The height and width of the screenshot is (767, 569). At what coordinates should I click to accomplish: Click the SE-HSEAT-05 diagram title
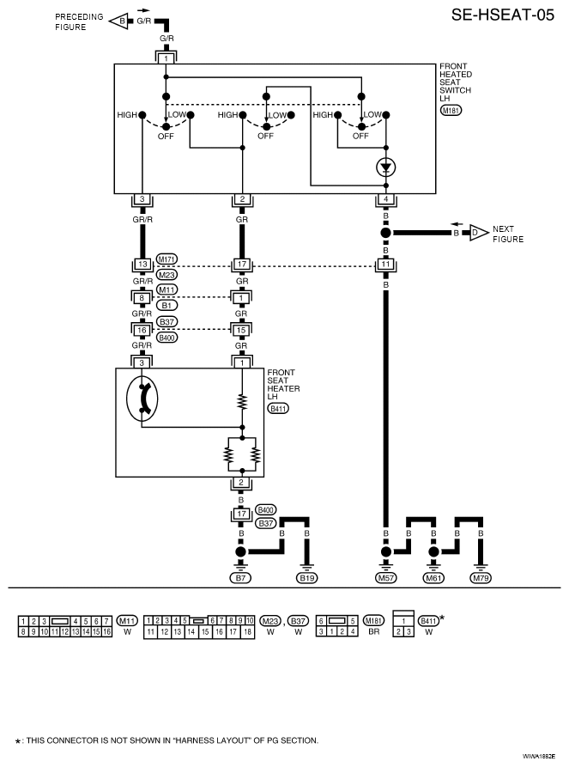(x=503, y=15)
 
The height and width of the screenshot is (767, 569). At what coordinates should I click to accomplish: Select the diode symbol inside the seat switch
(x=385, y=167)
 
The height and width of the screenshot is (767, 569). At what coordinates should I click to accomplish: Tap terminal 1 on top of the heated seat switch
(x=166, y=58)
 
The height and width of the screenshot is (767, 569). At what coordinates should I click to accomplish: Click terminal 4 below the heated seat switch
(x=385, y=199)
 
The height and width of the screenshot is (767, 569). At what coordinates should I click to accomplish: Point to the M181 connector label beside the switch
(x=451, y=111)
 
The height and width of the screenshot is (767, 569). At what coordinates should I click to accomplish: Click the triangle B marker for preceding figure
(x=118, y=21)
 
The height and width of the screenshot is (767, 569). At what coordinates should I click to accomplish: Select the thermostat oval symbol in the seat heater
(x=142, y=399)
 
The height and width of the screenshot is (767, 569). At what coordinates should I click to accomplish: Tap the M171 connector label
(x=166, y=259)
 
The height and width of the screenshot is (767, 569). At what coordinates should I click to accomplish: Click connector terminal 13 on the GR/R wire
(x=142, y=265)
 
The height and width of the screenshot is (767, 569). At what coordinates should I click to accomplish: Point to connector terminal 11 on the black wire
(x=385, y=265)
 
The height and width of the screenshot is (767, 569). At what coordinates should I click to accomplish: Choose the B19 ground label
(x=307, y=578)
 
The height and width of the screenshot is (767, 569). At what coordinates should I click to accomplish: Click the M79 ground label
(x=481, y=578)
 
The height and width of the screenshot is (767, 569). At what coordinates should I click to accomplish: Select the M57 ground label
(x=385, y=578)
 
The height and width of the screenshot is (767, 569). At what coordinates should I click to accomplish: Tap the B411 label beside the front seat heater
(x=278, y=409)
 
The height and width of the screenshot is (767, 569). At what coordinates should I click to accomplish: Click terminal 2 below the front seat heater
(x=241, y=483)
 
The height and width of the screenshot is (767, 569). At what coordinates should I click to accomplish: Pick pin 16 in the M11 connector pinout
(x=106, y=631)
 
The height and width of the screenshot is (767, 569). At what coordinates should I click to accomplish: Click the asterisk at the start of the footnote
(x=18, y=742)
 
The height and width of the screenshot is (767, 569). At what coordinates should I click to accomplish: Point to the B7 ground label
(x=240, y=578)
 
